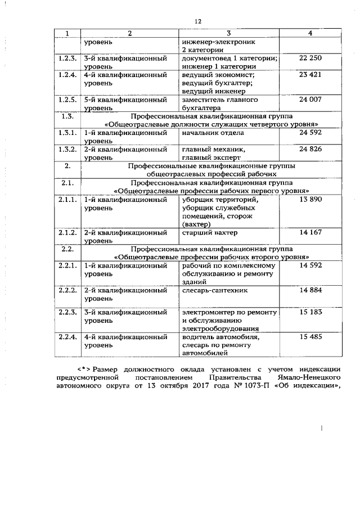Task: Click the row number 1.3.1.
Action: click(67, 133)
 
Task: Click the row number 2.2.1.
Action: click(67, 265)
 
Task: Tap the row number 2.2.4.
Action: click(67, 337)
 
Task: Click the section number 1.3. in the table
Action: click(66, 116)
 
